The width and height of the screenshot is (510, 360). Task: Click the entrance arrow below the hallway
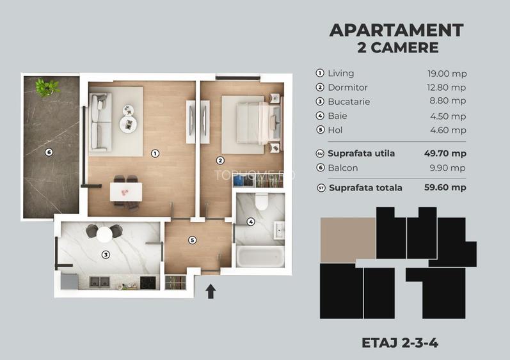point(211,291)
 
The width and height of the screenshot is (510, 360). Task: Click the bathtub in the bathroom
point(260,257)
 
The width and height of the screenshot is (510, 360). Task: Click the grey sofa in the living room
point(100,121)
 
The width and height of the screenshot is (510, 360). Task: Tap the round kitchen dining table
point(104,234)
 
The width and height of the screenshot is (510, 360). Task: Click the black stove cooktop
point(148,281)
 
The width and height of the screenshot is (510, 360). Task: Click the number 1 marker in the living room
point(154,153)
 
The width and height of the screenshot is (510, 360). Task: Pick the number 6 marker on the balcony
point(49,152)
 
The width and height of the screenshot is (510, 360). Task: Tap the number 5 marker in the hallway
point(191,240)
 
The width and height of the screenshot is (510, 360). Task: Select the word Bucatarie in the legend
point(349,102)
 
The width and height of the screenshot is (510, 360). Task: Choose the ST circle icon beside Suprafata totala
point(320,188)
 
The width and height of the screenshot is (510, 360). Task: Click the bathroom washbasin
point(278,230)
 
